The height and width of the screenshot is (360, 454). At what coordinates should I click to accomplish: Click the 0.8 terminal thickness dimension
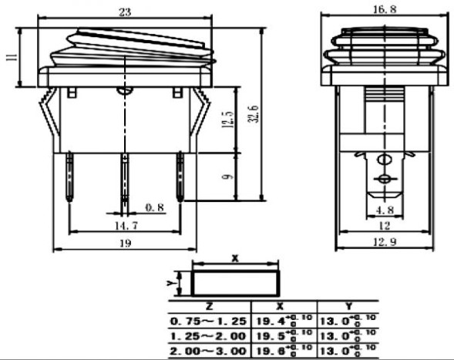click(155, 207)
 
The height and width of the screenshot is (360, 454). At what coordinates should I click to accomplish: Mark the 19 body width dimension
click(124, 244)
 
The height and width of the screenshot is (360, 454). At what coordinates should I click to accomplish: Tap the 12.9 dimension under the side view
click(383, 244)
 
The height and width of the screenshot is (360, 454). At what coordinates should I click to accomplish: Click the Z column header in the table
click(210, 306)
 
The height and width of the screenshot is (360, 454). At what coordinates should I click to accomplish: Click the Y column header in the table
click(348, 306)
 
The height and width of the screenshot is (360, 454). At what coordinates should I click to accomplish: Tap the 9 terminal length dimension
click(227, 177)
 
